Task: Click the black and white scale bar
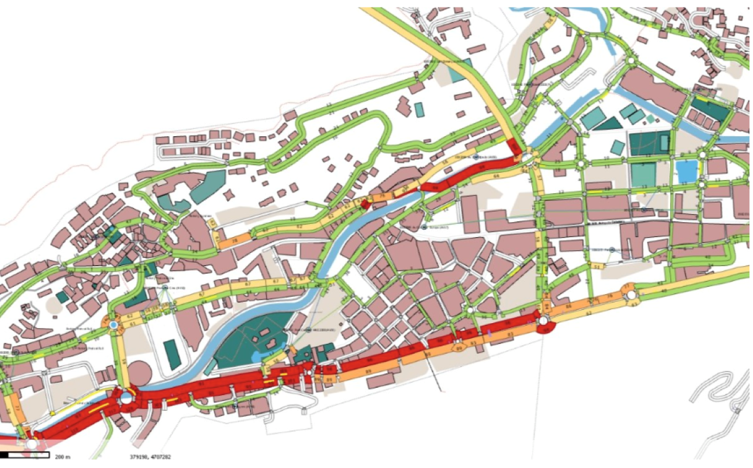(25, 454)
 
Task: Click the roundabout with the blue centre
(114, 325)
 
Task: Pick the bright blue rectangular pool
(686, 171)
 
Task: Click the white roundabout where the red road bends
(126, 397)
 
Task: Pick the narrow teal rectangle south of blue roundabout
(171, 354)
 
